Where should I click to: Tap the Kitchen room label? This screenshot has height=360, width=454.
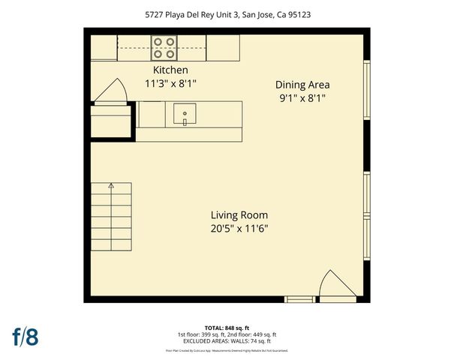(170, 70)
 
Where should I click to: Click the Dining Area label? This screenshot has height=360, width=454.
(302, 85)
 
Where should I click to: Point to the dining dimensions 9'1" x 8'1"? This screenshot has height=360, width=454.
(302, 98)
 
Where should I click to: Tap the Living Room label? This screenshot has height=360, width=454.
(239, 214)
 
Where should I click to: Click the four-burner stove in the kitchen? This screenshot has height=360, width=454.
(164, 47)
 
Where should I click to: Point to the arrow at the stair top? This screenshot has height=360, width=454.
(111, 185)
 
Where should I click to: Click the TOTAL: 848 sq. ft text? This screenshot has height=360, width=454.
(227, 328)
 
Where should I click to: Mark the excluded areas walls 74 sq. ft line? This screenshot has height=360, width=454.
(227, 341)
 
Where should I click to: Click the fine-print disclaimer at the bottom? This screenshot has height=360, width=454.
(227, 350)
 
